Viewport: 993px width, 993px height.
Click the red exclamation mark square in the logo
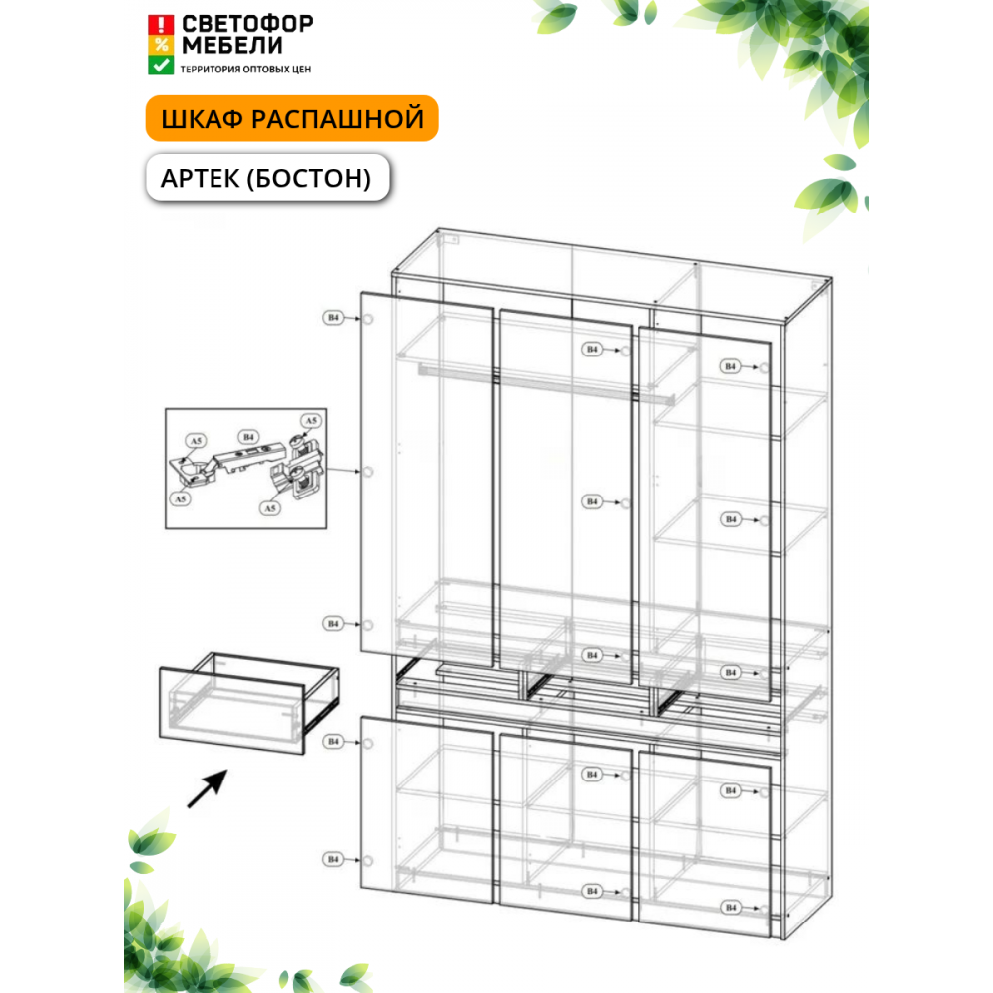[x=161, y=25]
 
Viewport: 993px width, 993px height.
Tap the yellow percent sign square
[x=161, y=45]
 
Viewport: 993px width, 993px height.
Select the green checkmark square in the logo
[x=161, y=66]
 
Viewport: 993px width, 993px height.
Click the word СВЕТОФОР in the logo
[x=247, y=24]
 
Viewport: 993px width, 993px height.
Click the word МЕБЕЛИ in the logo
[x=232, y=46]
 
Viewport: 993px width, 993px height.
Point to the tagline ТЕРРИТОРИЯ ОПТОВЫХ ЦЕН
[x=245, y=70]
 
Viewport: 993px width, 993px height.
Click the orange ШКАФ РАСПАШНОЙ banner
[x=292, y=118]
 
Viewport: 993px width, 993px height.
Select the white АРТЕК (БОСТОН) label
[x=267, y=178]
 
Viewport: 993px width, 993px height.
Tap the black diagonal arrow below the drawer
[x=208, y=788]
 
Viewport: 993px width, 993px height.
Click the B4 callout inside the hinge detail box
[x=248, y=437]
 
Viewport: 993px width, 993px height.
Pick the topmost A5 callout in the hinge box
[x=310, y=420]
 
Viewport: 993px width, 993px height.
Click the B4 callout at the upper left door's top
[x=333, y=318]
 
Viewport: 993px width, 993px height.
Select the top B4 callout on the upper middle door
[x=592, y=349]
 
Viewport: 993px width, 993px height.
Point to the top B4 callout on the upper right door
[x=730, y=366]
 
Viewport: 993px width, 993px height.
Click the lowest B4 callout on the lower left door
[x=333, y=859]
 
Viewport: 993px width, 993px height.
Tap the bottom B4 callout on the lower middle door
[x=592, y=891]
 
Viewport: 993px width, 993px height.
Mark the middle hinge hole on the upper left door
[x=368, y=472]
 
